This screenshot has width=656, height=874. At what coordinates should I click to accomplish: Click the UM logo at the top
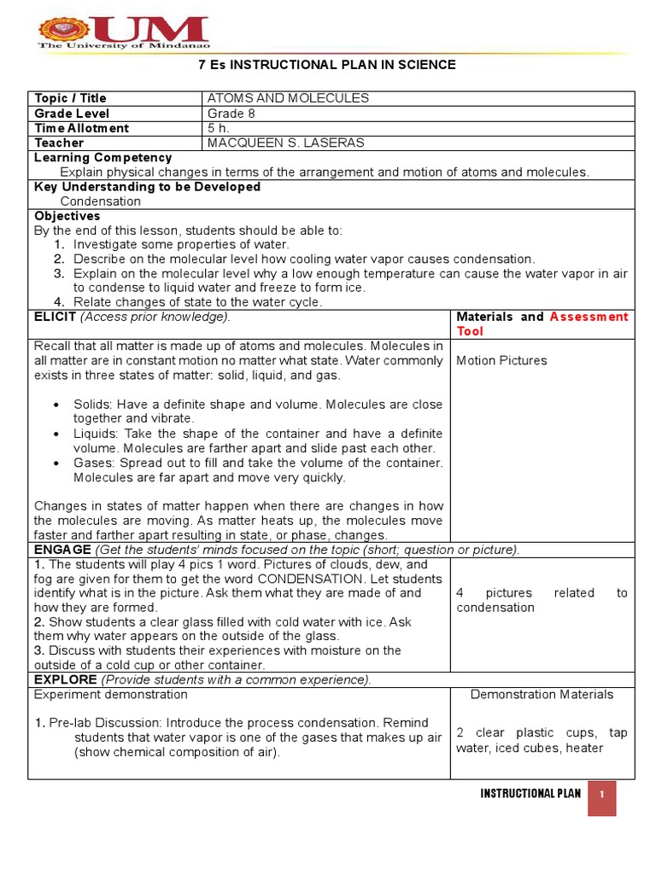pos(123,32)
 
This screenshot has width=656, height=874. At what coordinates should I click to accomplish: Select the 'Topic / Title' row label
pos(70,98)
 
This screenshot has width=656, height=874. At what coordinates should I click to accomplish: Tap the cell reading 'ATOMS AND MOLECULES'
pos(288,98)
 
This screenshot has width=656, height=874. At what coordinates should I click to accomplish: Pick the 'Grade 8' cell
pos(231,114)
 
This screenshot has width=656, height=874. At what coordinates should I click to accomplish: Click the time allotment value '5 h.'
pos(219,128)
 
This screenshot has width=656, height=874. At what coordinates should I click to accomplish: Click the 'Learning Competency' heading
pos(102,158)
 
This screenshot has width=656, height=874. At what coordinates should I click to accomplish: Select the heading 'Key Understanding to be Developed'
pos(147,187)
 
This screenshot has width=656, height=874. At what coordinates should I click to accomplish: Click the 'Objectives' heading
pos(67,216)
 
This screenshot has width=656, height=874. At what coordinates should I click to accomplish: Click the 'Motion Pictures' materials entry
pos(501,360)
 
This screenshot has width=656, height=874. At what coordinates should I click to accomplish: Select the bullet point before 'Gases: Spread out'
pos(55,463)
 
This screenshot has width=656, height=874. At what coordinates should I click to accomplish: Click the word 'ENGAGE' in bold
pos(62,550)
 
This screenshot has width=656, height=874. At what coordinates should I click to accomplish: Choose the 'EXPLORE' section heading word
pos(65,679)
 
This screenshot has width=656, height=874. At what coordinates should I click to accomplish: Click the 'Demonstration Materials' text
pos(542,694)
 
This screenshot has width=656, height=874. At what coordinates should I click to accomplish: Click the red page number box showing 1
pos(601,794)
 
